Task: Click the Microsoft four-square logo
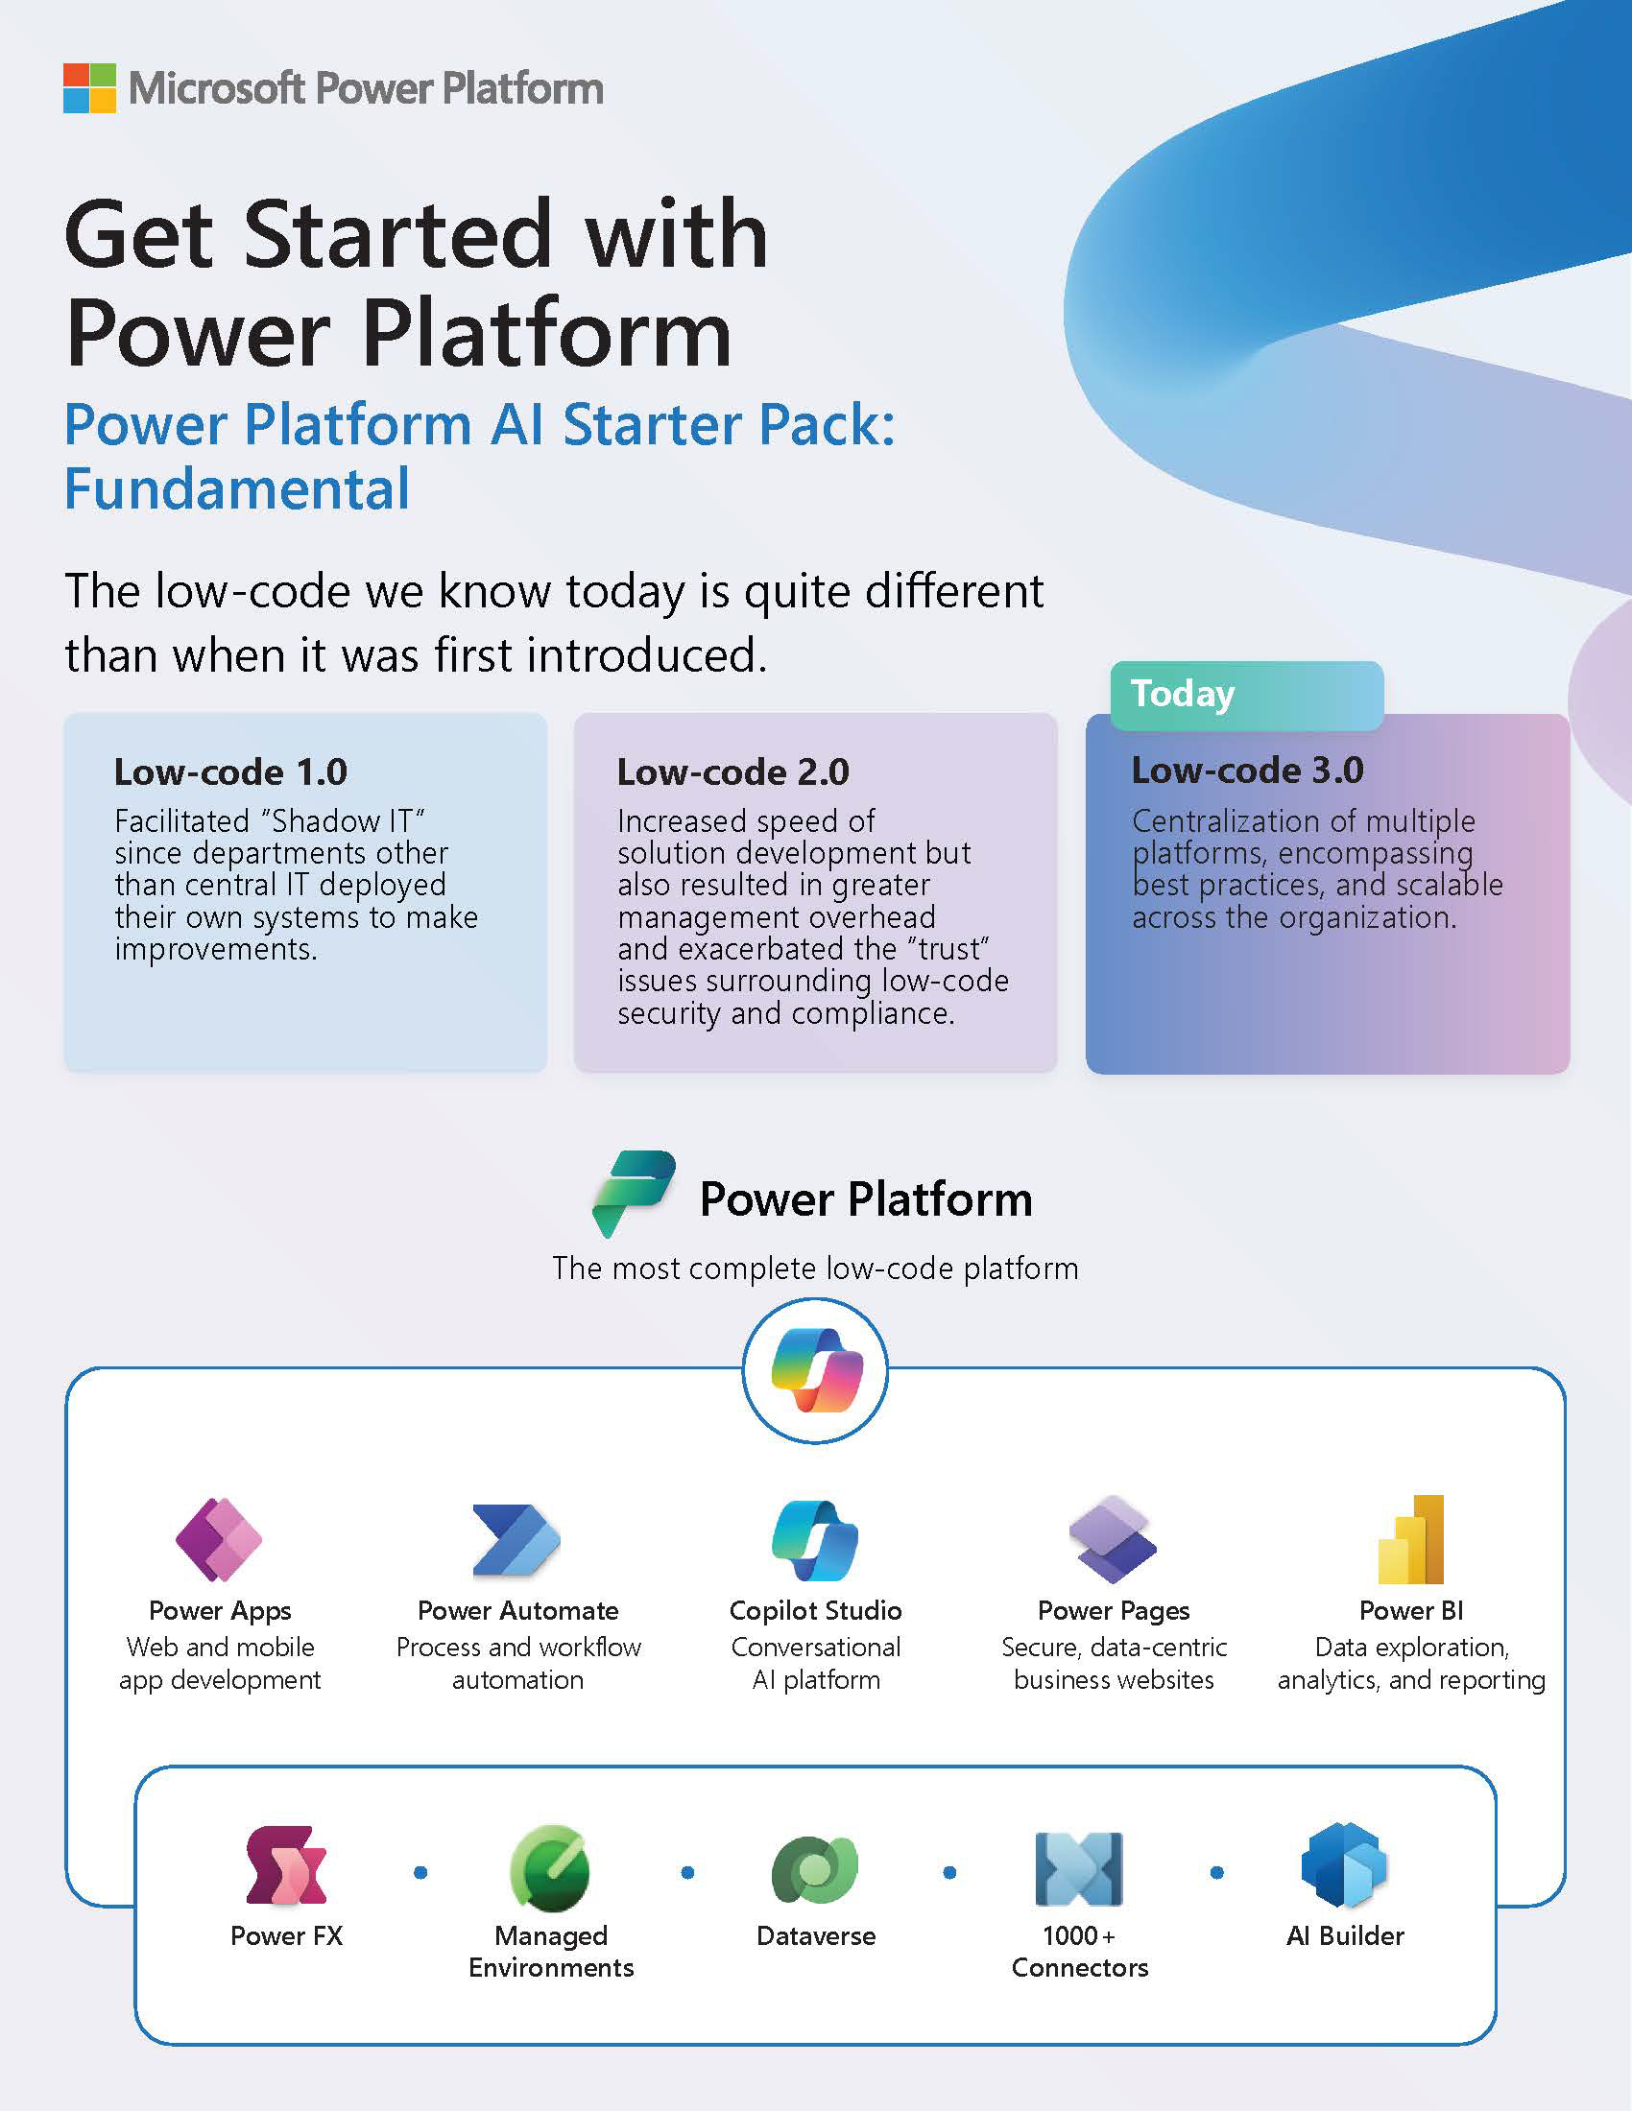pyautogui.click(x=90, y=88)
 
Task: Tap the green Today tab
pyautogui.click(x=1246, y=695)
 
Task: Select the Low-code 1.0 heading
pyautogui.click(x=230, y=771)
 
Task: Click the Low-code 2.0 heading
pyautogui.click(x=732, y=771)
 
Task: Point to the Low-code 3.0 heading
pyautogui.click(x=1247, y=770)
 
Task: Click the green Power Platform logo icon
pyautogui.click(x=634, y=1194)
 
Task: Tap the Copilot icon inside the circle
pyautogui.click(x=816, y=1369)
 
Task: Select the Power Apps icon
pyautogui.click(x=220, y=1540)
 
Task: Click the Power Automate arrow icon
pyautogui.click(x=516, y=1540)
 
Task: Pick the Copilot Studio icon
pyautogui.click(x=815, y=1541)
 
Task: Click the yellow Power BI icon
pyautogui.click(x=1410, y=1539)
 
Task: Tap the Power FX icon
pyautogui.click(x=286, y=1865)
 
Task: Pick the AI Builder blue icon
pyautogui.click(x=1345, y=1865)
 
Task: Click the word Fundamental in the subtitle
pyautogui.click(x=237, y=488)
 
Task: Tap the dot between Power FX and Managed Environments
pyautogui.click(x=420, y=1872)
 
